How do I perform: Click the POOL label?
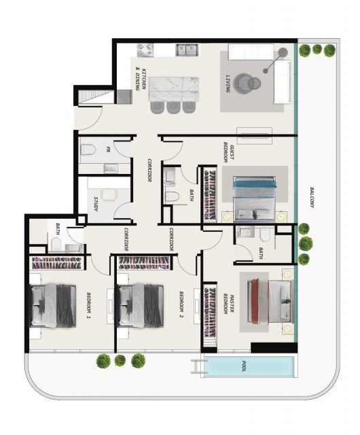(x=244, y=366)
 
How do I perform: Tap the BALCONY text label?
(x=312, y=198)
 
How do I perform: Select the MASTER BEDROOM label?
(x=228, y=304)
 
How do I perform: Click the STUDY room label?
(x=96, y=204)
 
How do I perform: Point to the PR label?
(x=108, y=150)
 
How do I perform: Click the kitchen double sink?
(x=186, y=50)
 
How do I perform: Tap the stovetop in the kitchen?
(x=145, y=50)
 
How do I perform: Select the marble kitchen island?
(x=174, y=89)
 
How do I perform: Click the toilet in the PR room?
(x=88, y=150)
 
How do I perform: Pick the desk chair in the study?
(x=109, y=195)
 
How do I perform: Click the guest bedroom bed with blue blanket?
(x=255, y=199)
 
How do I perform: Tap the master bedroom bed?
(x=270, y=301)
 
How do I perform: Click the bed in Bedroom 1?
(x=53, y=305)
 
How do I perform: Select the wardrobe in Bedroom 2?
(x=144, y=263)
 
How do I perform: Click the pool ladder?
(x=199, y=366)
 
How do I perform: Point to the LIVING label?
(x=228, y=84)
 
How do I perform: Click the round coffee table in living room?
(x=247, y=83)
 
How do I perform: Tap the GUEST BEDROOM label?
(x=229, y=151)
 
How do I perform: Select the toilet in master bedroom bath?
(x=265, y=234)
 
